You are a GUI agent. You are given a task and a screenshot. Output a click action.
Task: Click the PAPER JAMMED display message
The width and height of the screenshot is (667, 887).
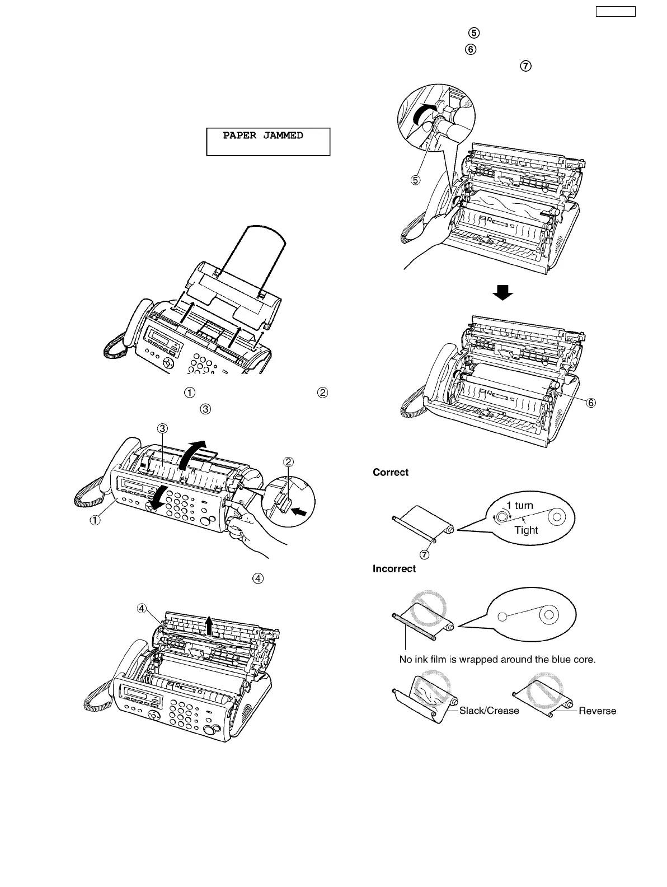263,136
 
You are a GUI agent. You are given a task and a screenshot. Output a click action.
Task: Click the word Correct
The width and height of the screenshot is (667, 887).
391,472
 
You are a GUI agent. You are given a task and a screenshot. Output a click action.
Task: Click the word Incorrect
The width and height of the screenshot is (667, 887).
394,568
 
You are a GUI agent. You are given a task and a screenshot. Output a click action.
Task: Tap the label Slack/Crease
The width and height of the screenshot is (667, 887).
489,711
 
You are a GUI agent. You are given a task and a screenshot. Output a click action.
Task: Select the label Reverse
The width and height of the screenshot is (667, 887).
597,711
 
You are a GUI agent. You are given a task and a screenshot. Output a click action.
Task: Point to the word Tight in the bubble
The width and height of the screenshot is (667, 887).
526,530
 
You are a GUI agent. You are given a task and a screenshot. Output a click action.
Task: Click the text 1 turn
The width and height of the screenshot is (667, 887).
519,505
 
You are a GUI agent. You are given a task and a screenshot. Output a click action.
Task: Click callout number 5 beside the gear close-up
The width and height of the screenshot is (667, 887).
416,181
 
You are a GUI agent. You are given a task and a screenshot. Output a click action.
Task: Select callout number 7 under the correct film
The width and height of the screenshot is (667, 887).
424,555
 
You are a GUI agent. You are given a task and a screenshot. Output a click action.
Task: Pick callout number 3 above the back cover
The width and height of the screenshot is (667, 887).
162,429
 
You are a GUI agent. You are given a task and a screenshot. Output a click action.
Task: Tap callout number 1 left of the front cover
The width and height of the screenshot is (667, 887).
96,519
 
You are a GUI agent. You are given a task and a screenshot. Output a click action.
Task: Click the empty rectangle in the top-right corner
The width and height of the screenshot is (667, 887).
614,11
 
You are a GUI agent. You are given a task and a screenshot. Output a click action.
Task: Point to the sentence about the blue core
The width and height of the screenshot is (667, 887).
497,659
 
